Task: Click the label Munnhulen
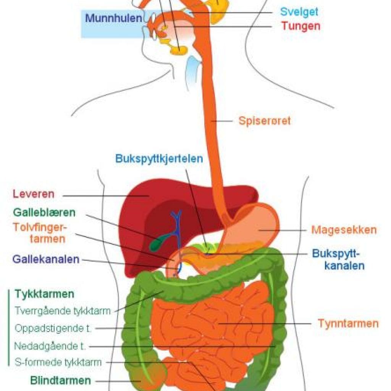pos(114,18)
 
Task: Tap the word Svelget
pos(299,12)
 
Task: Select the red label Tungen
pos(301,26)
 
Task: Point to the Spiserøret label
pos(265,121)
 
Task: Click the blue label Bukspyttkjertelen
pos(159,159)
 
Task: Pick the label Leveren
pos(34,194)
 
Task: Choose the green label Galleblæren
pos(44,212)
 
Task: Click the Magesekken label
pos(344,230)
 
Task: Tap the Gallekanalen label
pos(46,259)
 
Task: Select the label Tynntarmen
pos(348,323)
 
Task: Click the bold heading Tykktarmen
pos(45,294)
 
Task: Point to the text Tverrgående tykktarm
pos(63,311)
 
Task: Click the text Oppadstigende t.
pos(53,328)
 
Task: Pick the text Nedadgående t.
pos(50,346)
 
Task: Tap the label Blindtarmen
pos(60,381)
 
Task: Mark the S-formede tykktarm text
pos(58,362)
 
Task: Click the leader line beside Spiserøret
pos(222,121)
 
